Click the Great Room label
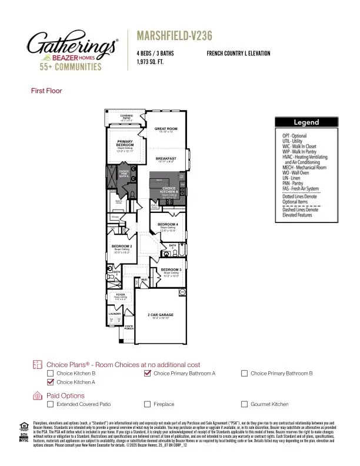tap(166, 128)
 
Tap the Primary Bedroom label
tap(125, 144)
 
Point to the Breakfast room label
tap(166, 159)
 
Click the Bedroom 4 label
tap(169, 225)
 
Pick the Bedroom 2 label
tap(122, 246)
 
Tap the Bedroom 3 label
tap(171, 269)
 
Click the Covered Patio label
tap(127, 116)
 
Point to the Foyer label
tap(120, 294)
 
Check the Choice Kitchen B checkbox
tap(51, 374)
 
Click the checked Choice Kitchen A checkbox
tap(51, 382)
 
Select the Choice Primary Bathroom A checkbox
tap(148, 374)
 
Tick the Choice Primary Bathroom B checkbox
tap(245, 374)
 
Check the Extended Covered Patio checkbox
tap(51, 404)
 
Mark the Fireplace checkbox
tap(148, 404)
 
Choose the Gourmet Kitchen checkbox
tap(245, 404)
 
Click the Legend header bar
tap(307, 122)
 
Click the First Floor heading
tap(46, 91)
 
